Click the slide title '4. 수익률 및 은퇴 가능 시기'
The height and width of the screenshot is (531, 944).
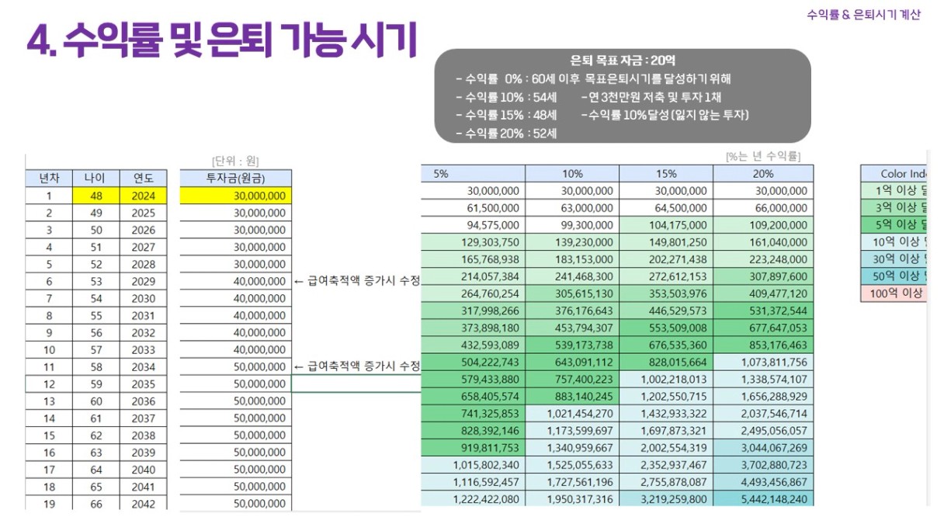point(222,40)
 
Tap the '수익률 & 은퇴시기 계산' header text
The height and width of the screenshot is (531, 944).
point(863,15)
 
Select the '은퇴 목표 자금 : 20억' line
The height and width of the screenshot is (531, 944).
point(623,61)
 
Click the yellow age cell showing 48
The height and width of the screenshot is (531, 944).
point(96,196)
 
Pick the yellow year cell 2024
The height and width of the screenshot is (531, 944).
point(143,196)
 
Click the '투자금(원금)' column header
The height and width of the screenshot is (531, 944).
point(236,179)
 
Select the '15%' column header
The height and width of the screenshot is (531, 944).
point(666,174)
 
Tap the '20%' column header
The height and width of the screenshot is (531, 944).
point(763,174)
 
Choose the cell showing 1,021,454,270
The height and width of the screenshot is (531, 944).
point(571,414)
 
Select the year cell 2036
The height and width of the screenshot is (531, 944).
point(143,401)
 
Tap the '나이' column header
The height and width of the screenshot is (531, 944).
point(96,179)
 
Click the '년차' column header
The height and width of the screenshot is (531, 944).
point(50,179)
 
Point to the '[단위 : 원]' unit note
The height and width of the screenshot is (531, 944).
point(235,161)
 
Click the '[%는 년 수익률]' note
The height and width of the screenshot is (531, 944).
point(763,157)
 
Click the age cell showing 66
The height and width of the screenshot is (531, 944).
point(96,504)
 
